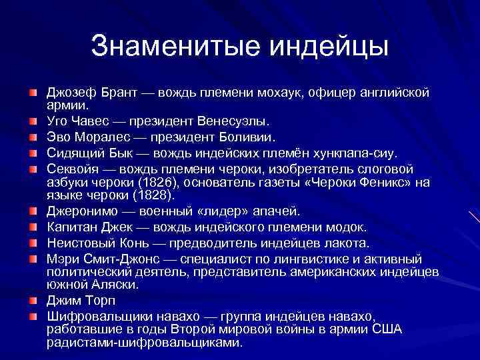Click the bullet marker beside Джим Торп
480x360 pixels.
click(x=33, y=300)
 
